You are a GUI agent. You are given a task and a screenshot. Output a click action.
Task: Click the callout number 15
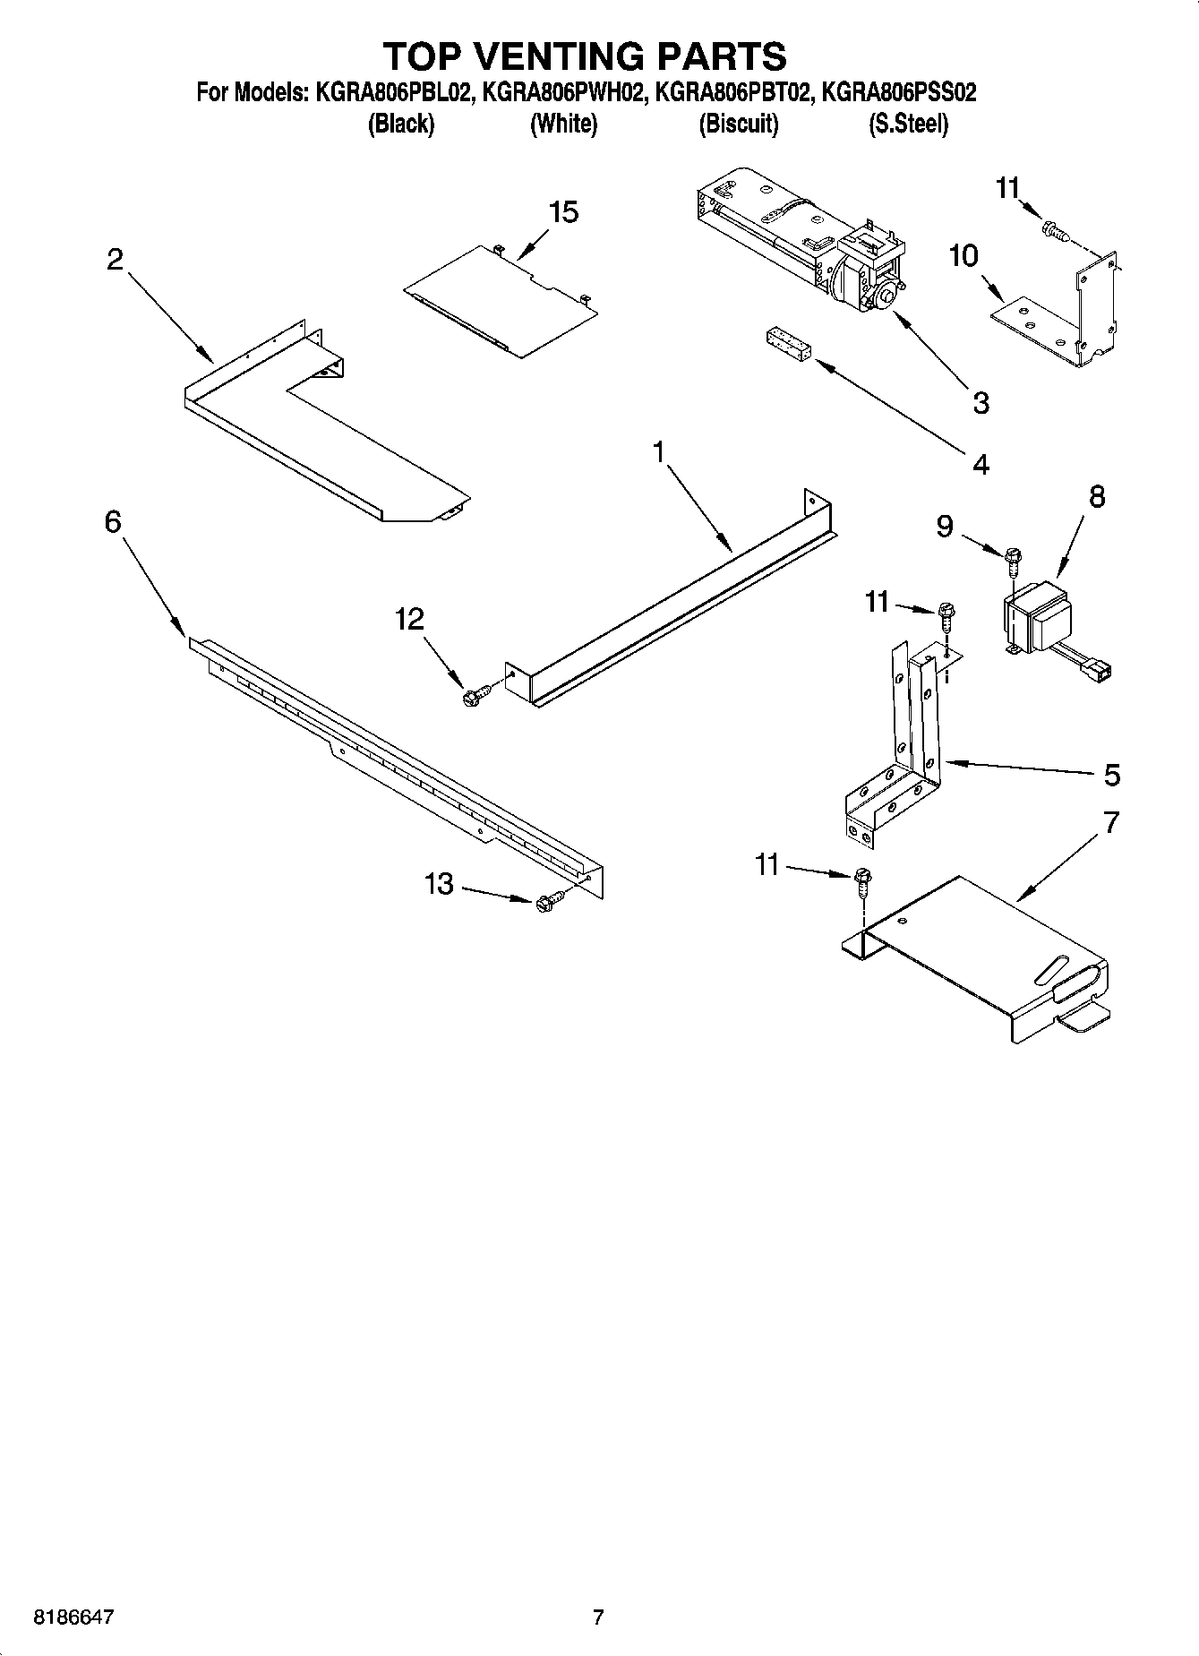(563, 213)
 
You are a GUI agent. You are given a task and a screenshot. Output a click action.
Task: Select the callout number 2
(115, 260)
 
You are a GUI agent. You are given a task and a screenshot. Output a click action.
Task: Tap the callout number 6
(113, 521)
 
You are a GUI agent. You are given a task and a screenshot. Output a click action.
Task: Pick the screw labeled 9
(1013, 562)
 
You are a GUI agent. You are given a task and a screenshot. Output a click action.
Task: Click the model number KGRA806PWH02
(561, 92)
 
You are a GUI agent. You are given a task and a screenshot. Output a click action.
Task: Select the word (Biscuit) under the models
(739, 124)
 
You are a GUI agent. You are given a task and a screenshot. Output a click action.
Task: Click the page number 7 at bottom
(598, 1617)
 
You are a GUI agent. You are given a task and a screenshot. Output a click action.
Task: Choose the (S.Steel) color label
(908, 124)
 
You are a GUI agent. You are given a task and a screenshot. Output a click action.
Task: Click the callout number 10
(963, 256)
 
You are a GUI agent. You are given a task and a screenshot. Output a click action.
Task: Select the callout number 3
(981, 402)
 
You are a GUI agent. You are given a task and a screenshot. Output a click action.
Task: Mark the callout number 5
(1111, 775)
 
